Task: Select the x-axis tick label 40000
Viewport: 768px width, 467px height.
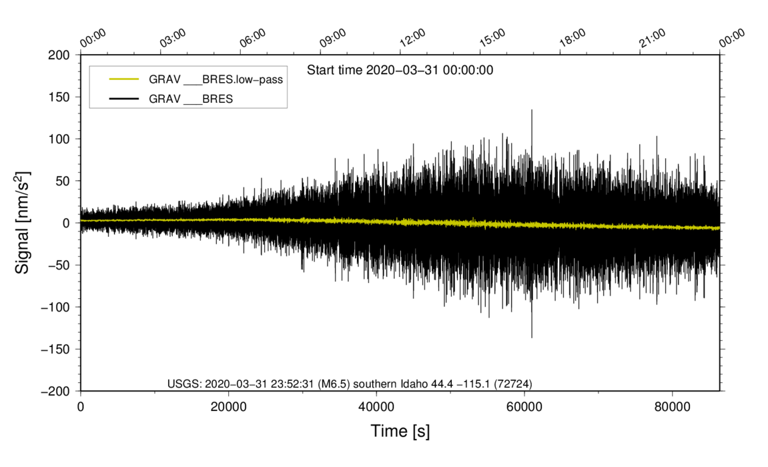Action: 376,407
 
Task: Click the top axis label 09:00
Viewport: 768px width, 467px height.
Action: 332,38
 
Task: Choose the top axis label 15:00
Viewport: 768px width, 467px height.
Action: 492,38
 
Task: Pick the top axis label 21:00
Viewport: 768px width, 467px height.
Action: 652,38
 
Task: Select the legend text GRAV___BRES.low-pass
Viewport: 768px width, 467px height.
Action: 216,79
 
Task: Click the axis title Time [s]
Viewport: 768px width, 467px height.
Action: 400,432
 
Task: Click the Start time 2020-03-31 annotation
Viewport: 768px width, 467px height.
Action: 400,70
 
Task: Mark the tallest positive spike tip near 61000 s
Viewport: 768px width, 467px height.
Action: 532,110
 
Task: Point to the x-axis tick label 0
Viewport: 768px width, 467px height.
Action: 81,407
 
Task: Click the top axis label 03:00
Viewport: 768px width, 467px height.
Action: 173,38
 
